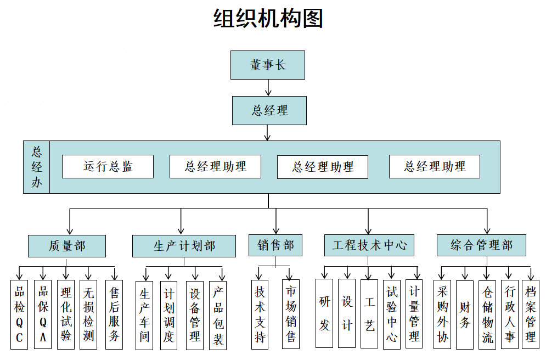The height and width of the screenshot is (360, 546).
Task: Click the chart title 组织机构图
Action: coord(268,19)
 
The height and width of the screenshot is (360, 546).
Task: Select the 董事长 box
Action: coord(268,65)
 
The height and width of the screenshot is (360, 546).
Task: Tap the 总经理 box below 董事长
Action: coord(269,110)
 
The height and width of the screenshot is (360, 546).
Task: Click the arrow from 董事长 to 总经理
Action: coord(268,88)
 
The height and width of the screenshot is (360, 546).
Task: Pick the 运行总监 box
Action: coord(108,166)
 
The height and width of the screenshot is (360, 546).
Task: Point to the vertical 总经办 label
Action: coord(37,167)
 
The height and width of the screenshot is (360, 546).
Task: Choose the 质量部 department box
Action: coord(67,246)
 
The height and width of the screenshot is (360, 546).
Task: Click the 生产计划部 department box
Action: coord(184,246)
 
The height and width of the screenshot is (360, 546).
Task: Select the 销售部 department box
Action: coord(275,245)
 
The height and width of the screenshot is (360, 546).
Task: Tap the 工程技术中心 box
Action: coord(369,245)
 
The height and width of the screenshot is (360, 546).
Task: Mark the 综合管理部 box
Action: coord(481,245)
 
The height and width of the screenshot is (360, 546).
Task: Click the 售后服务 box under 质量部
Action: coord(114,314)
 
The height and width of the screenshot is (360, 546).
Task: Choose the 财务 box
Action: coord(465,314)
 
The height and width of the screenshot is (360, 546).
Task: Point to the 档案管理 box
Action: coord(531,314)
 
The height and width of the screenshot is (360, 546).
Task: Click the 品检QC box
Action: coord(19,314)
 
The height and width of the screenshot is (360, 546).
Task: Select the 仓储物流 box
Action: coord(487,314)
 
